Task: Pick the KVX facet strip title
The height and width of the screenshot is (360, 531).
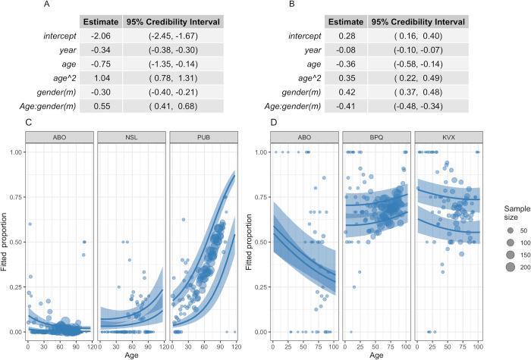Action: pyautogui.click(x=449, y=138)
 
